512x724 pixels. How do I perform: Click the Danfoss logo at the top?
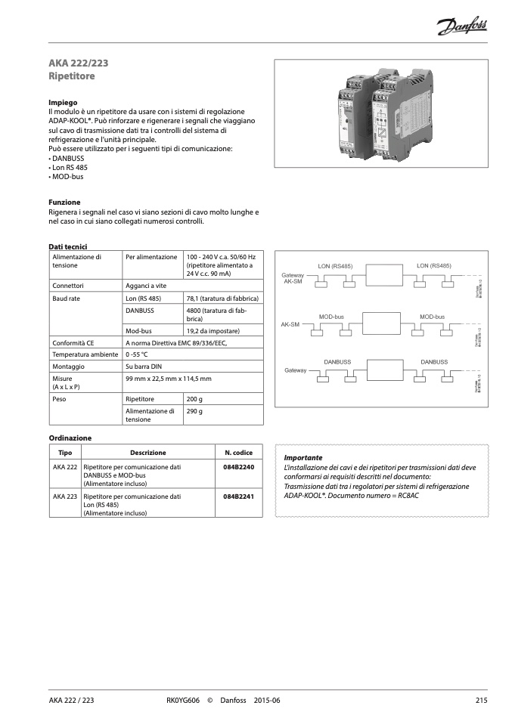(x=462, y=28)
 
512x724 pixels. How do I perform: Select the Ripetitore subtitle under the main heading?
(x=71, y=76)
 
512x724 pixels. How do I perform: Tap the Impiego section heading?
(x=63, y=101)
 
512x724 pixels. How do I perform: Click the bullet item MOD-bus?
(x=66, y=177)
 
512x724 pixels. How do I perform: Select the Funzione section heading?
(x=64, y=203)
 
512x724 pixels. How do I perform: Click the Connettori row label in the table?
(x=67, y=286)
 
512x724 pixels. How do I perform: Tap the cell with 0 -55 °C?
(x=137, y=354)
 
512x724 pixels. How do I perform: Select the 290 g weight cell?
(x=194, y=411)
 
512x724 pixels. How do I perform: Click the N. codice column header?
(x=238, y=453)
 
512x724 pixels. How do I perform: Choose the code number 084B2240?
(x=238, y=468)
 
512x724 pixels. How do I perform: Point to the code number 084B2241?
(x=238, y=497)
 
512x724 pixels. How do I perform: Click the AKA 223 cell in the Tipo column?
(x=66, y=497)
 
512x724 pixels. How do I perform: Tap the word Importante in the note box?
(x=303, y=458)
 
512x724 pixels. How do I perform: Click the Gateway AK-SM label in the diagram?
(x=293, y=278)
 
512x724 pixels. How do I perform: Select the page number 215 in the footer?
(x=481, y=701)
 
